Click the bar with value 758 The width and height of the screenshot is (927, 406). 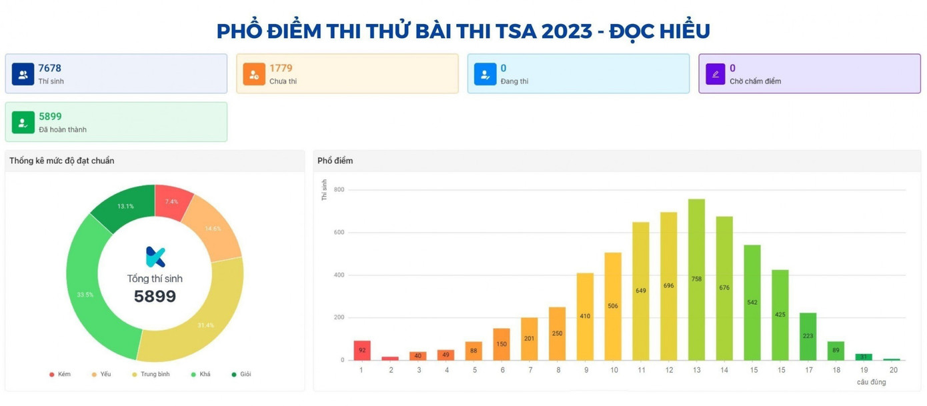(x=696, y=279)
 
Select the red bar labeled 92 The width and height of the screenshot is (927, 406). (x=362, y=350)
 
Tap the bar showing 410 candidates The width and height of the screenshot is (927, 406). (x=585, y=316)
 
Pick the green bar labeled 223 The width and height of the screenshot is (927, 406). (x=808, y=336)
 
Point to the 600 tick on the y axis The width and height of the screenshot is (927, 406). (x=339, y=233)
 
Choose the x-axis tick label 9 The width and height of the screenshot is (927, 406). (x=585, y=370)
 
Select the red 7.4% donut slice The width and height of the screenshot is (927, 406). (x=171, y=201)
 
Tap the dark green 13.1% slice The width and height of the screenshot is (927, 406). (x=125, y=206)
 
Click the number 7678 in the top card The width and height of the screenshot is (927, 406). (x=49, y=68)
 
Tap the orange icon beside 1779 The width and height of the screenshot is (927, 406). (x=254, y=74)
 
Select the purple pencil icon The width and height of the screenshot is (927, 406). (x=716, y=74)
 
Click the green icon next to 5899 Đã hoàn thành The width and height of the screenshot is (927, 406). (x=23, y=122)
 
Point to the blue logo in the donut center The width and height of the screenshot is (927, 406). (x=155, y=257)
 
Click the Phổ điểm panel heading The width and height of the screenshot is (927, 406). (x=335, y=161)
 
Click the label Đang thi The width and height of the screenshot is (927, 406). (x=514, y=81)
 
